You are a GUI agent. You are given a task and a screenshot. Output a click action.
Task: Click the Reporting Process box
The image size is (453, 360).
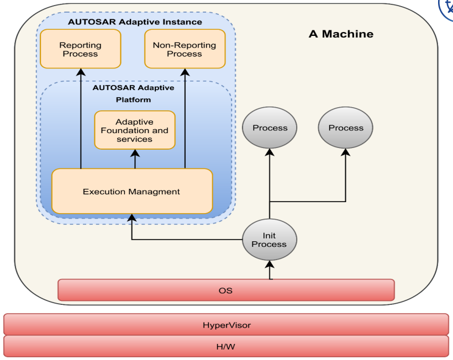pyautogui.click(x=81, y=49)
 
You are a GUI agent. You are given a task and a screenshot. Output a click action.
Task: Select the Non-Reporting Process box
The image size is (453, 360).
pyautogui.click(x=185, y=49)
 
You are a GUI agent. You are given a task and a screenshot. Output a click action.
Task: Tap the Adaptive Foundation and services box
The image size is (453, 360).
pyautogui.click(x=135, y=130)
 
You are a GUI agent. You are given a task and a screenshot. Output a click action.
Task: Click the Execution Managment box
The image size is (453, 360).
pyautogui.click(x=131, y=192)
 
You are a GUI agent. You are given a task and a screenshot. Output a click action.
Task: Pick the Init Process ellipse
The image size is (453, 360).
pyautogui.click(x=270, y=240)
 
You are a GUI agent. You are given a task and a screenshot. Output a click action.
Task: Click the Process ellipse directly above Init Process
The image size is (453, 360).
pyautogui.click(x=270, y=128)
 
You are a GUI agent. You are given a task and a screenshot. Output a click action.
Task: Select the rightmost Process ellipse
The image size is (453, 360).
pyautogui.click(x=346, y=128)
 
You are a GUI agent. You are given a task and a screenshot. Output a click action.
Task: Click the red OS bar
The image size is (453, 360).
pyautogui.click(x=226, y=290)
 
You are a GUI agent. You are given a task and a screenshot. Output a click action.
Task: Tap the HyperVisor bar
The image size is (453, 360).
pyautogui.click(x=226, y=325)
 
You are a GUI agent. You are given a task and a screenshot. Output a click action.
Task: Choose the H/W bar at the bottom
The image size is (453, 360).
pyautogui.click(x=226, y=346)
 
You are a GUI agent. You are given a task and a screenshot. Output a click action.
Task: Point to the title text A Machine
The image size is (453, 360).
pyautogui.click(x=340, y=34)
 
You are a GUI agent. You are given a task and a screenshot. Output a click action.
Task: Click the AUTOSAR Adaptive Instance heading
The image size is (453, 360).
pyautogui.click(x=135, y=22)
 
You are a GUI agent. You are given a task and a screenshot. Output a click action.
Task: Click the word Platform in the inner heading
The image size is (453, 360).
pyautogui.click(x=133, y=99)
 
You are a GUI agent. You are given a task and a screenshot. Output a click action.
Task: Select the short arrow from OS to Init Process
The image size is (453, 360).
pyautogui.click(x=270, y=271)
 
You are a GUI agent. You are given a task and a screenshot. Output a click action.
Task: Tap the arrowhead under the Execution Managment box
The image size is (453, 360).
pyautogui.click(x=131, y=219)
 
